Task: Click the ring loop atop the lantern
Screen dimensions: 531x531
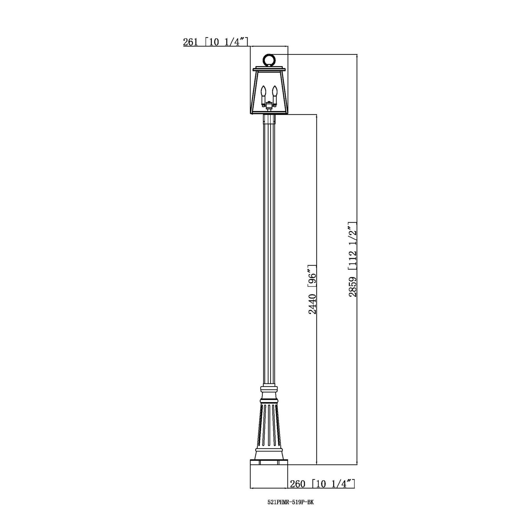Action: coord(269,60)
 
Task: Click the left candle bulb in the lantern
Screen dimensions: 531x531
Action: coord(264,91)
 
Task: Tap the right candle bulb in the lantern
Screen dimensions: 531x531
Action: coord(274,91)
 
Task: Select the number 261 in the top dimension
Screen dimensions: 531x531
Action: coord(190,42)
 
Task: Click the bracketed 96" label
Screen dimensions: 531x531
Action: coord(312,276)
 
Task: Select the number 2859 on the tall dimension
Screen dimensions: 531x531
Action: coord(353,287)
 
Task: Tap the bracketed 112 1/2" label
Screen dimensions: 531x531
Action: coord(353,247)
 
